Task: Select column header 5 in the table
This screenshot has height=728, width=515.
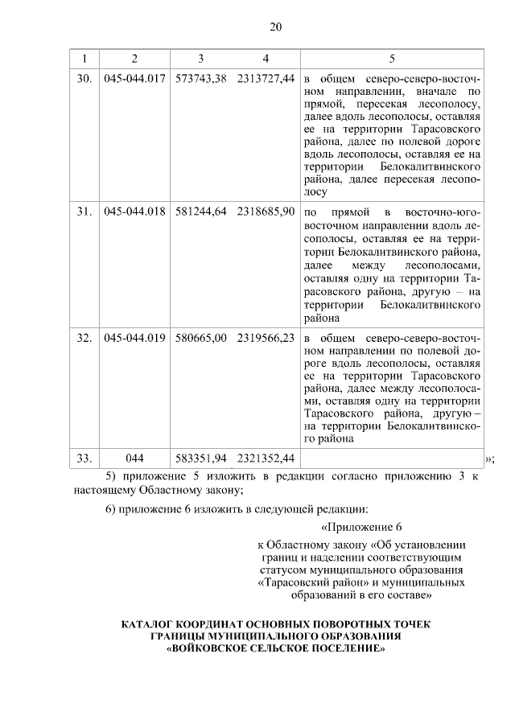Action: [x=392, y=59]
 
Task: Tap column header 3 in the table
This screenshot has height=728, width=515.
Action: [x=200, y=59]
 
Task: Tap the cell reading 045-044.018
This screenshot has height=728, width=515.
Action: [x=134, y=212]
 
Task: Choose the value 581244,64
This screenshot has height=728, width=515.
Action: [x=200, y=212]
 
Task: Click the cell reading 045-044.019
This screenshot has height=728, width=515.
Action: [x=134, y=338]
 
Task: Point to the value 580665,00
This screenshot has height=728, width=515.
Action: [x=200, y=338]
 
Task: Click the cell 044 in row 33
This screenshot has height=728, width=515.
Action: [x=134, y=458]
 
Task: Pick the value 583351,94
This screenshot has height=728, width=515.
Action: [x=200, y=458]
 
